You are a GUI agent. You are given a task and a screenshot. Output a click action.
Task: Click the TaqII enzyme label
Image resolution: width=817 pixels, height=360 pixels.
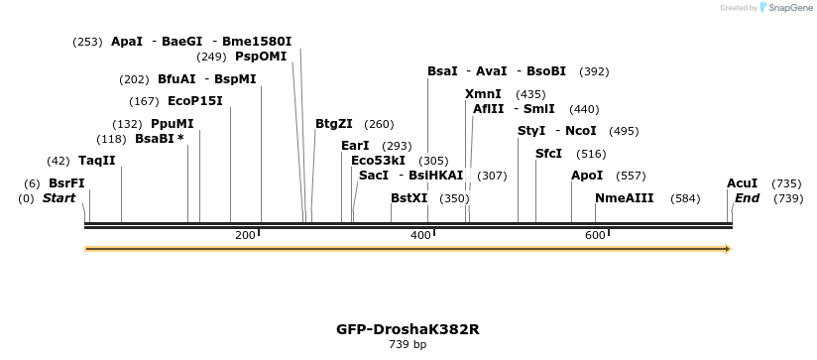pos(96,161)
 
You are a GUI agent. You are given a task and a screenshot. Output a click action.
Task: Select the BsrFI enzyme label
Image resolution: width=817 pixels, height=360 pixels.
pos(66,183)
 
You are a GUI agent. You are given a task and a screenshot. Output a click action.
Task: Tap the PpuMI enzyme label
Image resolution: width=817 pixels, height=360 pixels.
pos(173,124)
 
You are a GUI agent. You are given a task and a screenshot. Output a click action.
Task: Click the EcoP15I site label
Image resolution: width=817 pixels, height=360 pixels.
pos(195,101)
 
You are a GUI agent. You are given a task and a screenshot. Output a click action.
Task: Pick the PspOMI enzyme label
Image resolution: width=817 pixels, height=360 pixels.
pos(261,57)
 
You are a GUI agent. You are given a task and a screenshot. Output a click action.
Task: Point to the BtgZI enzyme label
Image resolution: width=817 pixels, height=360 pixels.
pos(333,124)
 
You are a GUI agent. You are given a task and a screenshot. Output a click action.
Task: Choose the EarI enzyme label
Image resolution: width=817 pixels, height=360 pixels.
pos(355,146)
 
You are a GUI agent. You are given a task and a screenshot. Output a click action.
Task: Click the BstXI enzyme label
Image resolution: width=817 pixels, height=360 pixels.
pos(408,198)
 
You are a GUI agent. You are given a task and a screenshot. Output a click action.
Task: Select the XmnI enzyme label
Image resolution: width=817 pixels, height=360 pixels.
pos(483,94)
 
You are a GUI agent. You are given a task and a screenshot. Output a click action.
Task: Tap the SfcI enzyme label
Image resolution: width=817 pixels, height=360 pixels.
pos(548,154)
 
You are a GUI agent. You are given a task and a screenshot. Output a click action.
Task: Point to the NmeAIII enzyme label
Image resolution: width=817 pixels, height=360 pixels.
pos(625,198)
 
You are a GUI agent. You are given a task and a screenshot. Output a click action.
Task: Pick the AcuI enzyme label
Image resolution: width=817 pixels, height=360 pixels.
pos(742,183)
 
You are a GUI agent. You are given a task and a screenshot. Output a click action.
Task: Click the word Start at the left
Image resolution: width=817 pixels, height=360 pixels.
pos(58,198)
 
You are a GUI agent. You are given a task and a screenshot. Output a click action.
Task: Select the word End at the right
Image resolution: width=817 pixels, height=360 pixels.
pos(747,198)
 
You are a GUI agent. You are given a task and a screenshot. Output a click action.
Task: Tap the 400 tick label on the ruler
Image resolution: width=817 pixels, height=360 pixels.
pos(420,235)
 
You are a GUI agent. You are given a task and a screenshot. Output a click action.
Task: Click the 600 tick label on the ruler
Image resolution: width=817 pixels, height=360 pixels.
pos(595,235)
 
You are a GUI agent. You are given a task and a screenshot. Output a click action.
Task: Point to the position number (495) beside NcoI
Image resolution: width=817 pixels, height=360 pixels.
pos(624,131)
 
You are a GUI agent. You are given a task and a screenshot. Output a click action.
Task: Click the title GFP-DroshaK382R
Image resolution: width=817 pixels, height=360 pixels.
pos(408,328)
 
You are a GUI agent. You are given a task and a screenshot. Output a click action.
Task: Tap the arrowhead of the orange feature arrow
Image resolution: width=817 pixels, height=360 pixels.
pos(728,249)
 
